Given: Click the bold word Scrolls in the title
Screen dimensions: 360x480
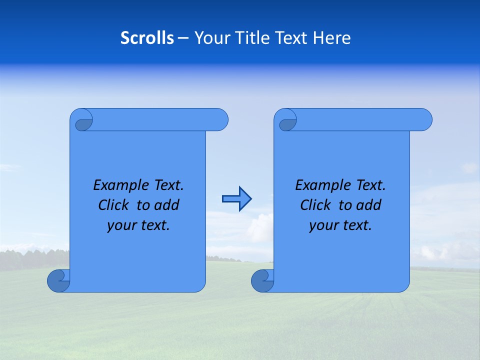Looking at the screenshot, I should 147,38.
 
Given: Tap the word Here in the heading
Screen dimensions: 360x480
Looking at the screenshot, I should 331,38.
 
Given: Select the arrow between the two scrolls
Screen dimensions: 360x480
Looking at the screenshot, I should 236,198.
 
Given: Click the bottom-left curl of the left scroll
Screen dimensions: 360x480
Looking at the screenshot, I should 58,281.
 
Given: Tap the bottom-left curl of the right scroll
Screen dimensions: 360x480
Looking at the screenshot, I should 262,281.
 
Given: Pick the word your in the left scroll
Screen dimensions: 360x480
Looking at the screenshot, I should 121,225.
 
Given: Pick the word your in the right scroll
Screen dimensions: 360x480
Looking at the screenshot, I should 323,225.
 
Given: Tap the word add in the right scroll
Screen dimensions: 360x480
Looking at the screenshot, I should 369,205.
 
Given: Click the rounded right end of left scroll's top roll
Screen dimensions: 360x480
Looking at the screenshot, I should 220,119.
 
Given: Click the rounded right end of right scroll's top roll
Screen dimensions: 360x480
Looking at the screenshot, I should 424,119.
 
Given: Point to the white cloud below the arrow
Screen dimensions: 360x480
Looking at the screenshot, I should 260,229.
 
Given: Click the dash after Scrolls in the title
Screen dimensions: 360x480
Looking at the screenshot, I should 183,38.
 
